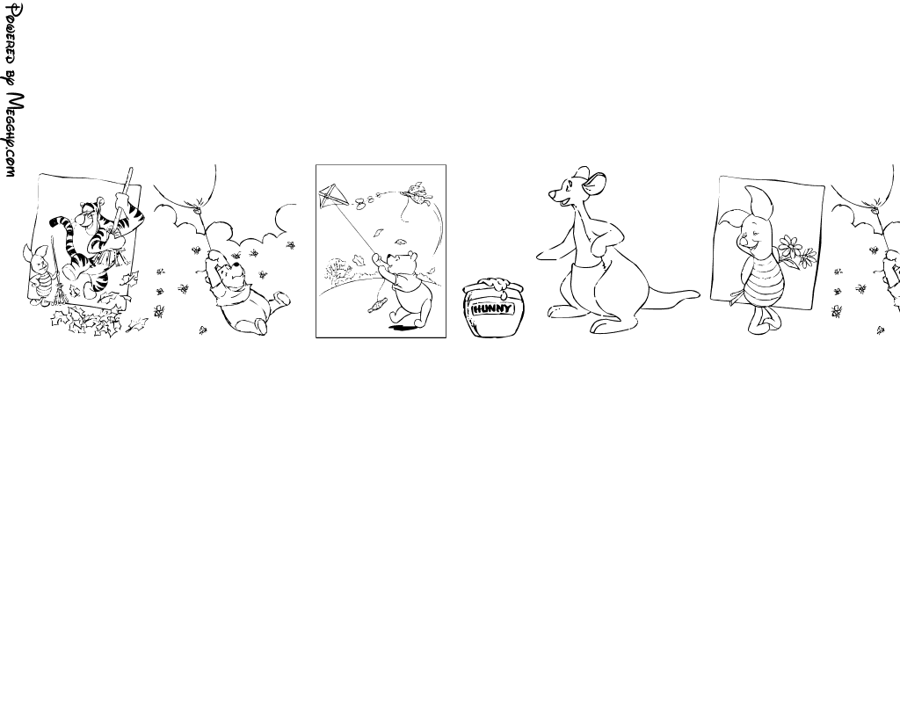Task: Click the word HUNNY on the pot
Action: [493, 309]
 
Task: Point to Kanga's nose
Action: [552, 196]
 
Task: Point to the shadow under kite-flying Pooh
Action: [403, 328]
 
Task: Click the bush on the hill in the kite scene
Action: [337, 269]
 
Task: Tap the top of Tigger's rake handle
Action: [130, 170]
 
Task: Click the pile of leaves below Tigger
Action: [86, 322]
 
